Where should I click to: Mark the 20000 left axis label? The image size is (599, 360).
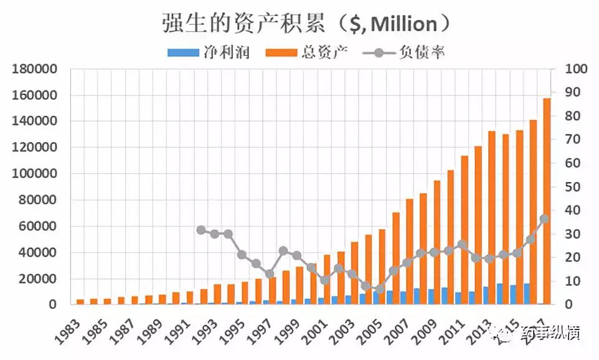pos(37,278)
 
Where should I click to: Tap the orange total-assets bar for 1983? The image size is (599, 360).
pos(80,301)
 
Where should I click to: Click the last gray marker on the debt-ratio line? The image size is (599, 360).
pos(544,219)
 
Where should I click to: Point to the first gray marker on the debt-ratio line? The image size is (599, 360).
pos(201,230)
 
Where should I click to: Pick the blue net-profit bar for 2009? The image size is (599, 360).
pos(431,296)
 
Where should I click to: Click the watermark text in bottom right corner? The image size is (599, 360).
pos(548,334)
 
